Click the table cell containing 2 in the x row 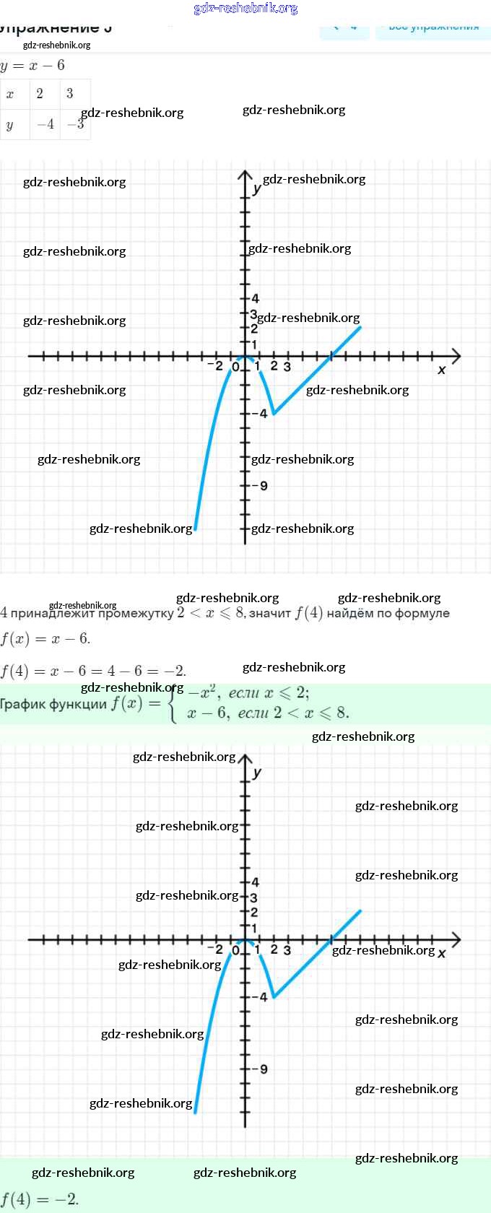click(x=40, y=94)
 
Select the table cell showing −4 click(x=45, y=124)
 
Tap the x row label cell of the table click(x=10, y=94)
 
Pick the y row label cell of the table click(x=10, y=124)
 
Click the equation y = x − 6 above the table click(x=32, y=65)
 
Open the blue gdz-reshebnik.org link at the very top click(x=245, y=8)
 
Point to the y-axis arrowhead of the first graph click(x=245, y=175)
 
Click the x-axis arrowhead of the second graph click(x=456, y=939)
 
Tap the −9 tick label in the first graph click(x=261, y=486)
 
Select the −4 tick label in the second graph click(x=261, y=997)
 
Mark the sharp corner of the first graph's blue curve click(x=273, y=414)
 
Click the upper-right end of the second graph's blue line click(x=360, y=911)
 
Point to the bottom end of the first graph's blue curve click(x=196, y=529)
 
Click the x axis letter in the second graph click(x=442, y=953)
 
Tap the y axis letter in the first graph click(x=257, y=189)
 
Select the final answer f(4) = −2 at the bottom click(x=39, y=1199)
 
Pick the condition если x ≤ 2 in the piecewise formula click(x=269, y=693)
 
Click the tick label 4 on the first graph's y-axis click(x=256, y=298)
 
